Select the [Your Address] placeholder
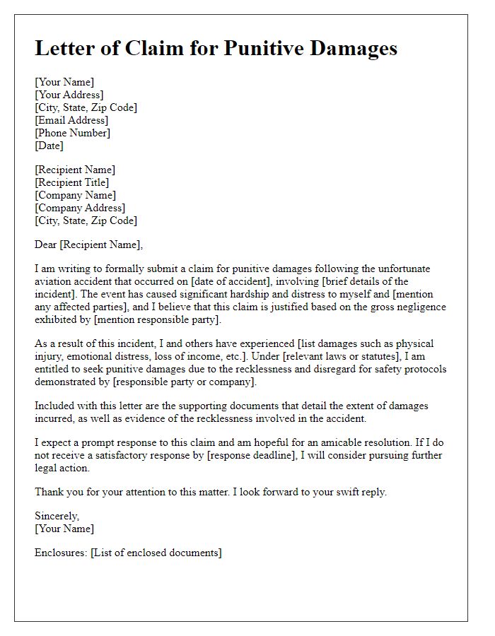[69, 95]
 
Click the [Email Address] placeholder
[71, 120]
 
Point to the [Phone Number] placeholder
[72, 133]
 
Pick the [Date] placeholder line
[49, 146]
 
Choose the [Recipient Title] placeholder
[72, 182]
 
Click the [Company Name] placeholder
[75, 195]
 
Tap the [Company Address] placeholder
[80, 208]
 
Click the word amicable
[351, 442]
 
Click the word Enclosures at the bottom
[60, 553]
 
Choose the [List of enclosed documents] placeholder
[156, 553]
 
